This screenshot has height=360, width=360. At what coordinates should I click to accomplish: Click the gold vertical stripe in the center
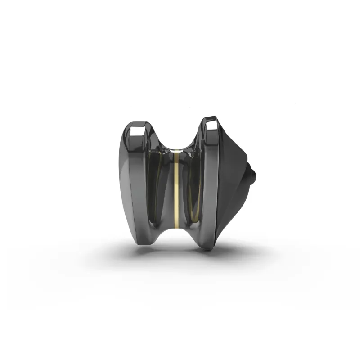177,189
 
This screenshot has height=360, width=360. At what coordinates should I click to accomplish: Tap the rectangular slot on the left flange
136,132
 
